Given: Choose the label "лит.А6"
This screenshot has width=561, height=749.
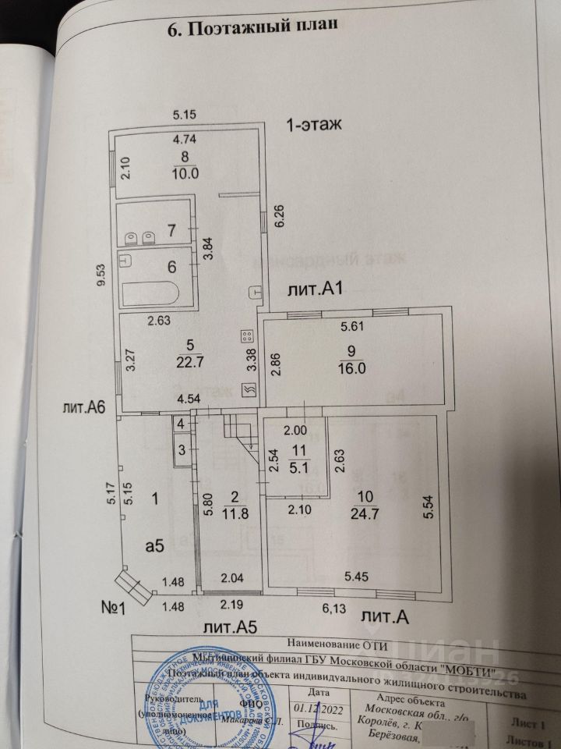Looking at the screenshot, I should (85, 406).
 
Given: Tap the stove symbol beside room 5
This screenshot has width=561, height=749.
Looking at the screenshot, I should (247, 337).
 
